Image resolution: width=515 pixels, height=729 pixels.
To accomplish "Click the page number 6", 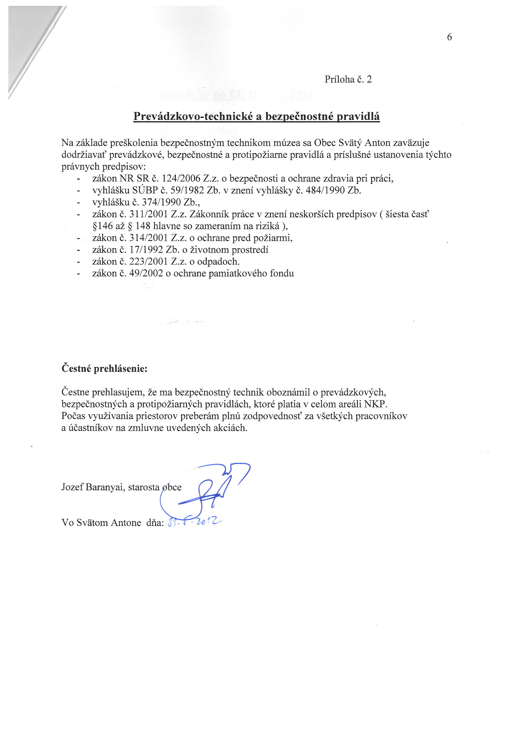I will click(449, 37).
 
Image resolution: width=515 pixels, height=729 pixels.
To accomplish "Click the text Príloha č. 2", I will click(348, 79).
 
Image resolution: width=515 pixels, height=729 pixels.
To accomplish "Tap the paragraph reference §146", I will click(103, 226).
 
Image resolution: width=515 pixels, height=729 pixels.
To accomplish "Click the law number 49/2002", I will click(146, 273).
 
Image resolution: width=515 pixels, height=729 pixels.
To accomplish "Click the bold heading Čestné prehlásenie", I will click(104, 369).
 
